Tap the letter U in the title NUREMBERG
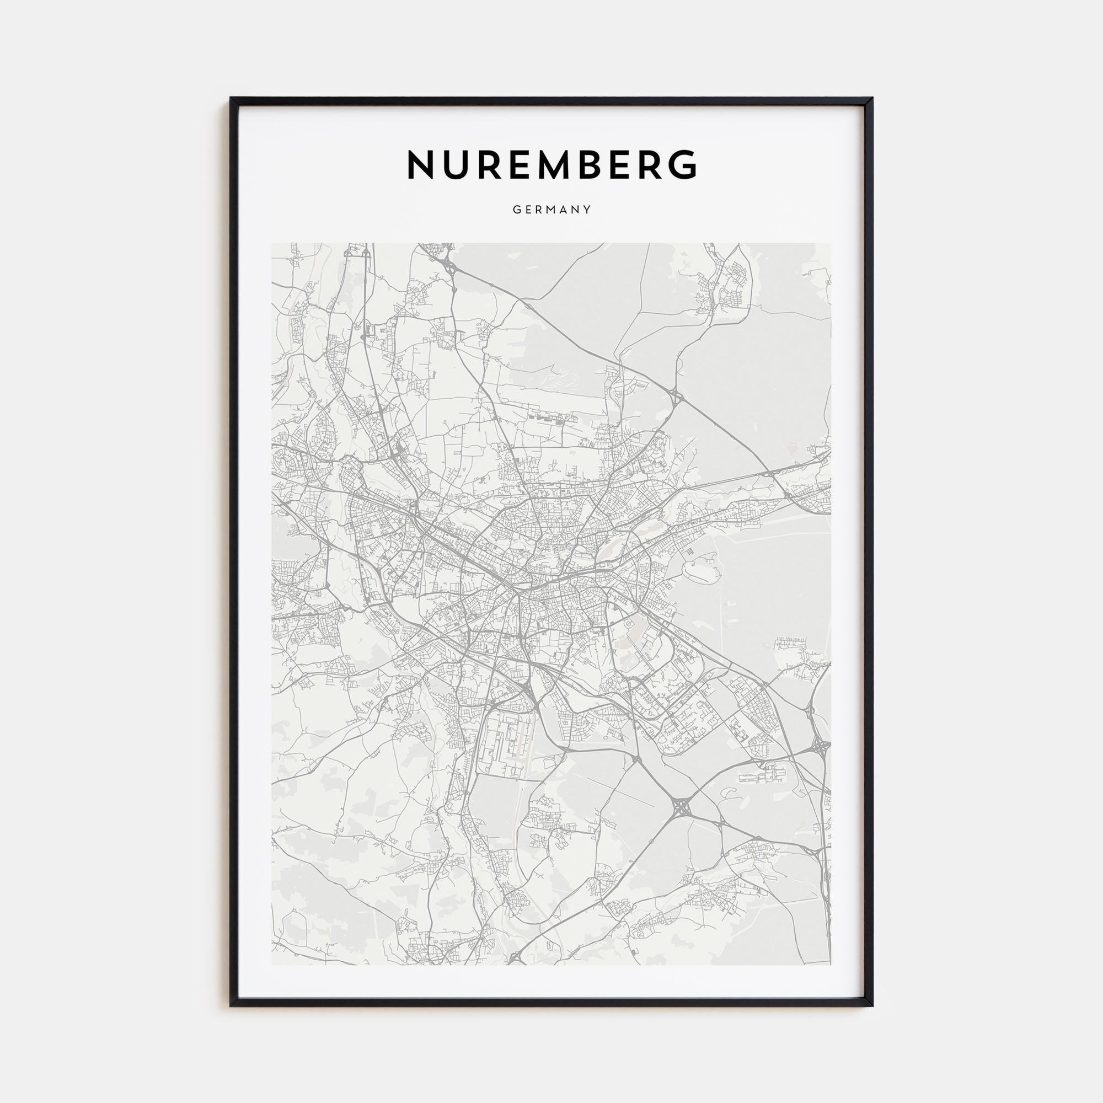click(459, 165)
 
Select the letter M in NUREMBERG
click(572, 165)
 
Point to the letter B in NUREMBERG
click(614, 165)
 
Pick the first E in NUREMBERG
click(534, 165)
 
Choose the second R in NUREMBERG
click(648, 165)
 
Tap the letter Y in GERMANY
click(588, 210)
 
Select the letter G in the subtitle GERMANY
click(516, 210)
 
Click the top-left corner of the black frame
click(231, 98)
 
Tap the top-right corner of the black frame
click(872, 98)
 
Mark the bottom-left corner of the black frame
click(231, 1005)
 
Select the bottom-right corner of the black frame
click(872, 1005)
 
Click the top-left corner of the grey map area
click(272, 244)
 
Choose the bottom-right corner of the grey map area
click(831, 965)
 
